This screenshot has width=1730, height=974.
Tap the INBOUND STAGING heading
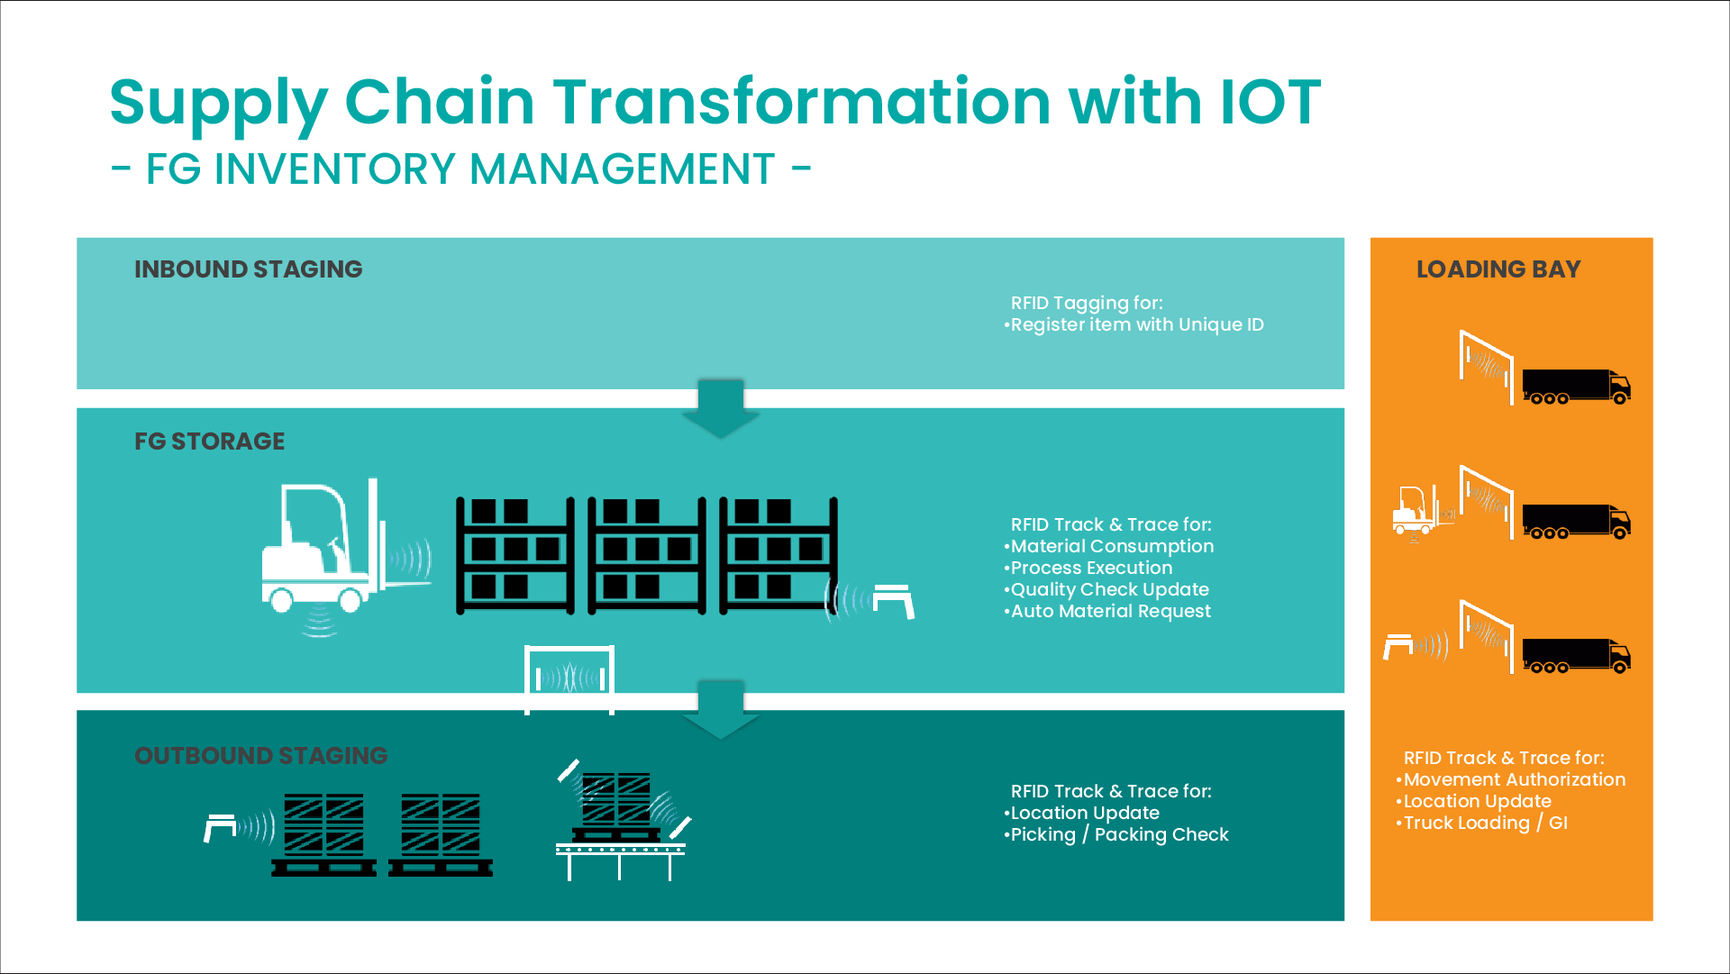[249, 269]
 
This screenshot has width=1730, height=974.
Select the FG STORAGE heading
[210, 441]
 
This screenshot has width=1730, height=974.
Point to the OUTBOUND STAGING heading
[261, 756]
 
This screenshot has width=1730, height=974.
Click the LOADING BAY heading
[1498, 269]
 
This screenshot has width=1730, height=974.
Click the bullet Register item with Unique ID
[1134, 324]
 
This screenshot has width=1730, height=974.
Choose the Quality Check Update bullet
[1106, 589]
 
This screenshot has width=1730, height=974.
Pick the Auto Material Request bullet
[1107, 611]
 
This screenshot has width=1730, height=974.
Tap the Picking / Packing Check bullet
[1116, 834]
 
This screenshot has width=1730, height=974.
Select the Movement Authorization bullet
[1511, 779]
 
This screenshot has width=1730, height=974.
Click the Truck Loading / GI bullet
[1482, 823]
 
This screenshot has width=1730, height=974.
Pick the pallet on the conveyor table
[618, 807]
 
